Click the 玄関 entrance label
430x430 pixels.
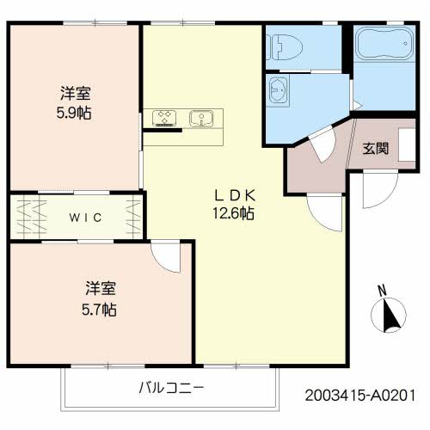coord(374,148)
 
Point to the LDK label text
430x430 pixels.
coord(233,194)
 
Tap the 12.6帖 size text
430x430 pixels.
coord(233,213)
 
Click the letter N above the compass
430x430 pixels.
coord(381,289)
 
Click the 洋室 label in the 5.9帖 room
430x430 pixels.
coord(76,92)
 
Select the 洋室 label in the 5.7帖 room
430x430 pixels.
coord(100,288)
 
